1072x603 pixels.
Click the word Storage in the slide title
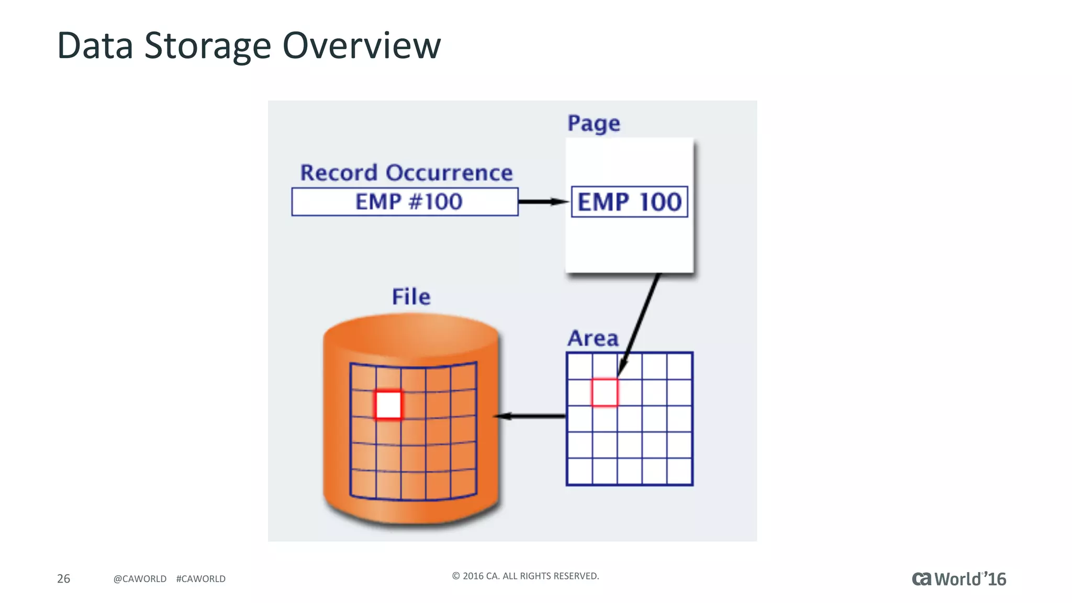pyautogui.click(x=207, y=46)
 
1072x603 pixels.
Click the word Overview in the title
pyautogui.click(x=362, y=46)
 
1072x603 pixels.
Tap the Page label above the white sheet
pyautogui.click(x=594, y=124)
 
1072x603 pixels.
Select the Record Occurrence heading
pyautogui.click(x=406, y=173)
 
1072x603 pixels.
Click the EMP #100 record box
pyautogui.click(x=405, y=202)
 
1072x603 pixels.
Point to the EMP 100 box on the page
pyautogui.click(x=629, y=202)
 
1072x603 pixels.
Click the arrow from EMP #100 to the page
pyautogui.click(x=543, y=202)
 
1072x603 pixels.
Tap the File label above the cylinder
pyautogui.click(x=411, y=297)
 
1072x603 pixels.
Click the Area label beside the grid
pyautogui.click(x=593, y=339)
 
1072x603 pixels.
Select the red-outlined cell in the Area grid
pyautogui.click(x=605, y=393)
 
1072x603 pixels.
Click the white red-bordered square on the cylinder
pyautogui.click(x=388, y=405)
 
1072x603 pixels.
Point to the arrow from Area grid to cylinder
pyautogui.click(x=530, y=416)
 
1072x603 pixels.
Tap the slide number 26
pyautogui.click(x=63, y=578)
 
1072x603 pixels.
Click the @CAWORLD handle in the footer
pyautogui.click(x=140, y=579)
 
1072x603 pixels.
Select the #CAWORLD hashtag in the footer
pyautogui.click(x=201, y=579)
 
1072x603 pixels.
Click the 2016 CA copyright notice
pyautogui.click(x=525, y=576)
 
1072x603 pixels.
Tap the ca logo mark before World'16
pyautogui.click(x=921, y=579)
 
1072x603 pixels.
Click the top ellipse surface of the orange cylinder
pyautogui.click(x=411, y=335)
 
